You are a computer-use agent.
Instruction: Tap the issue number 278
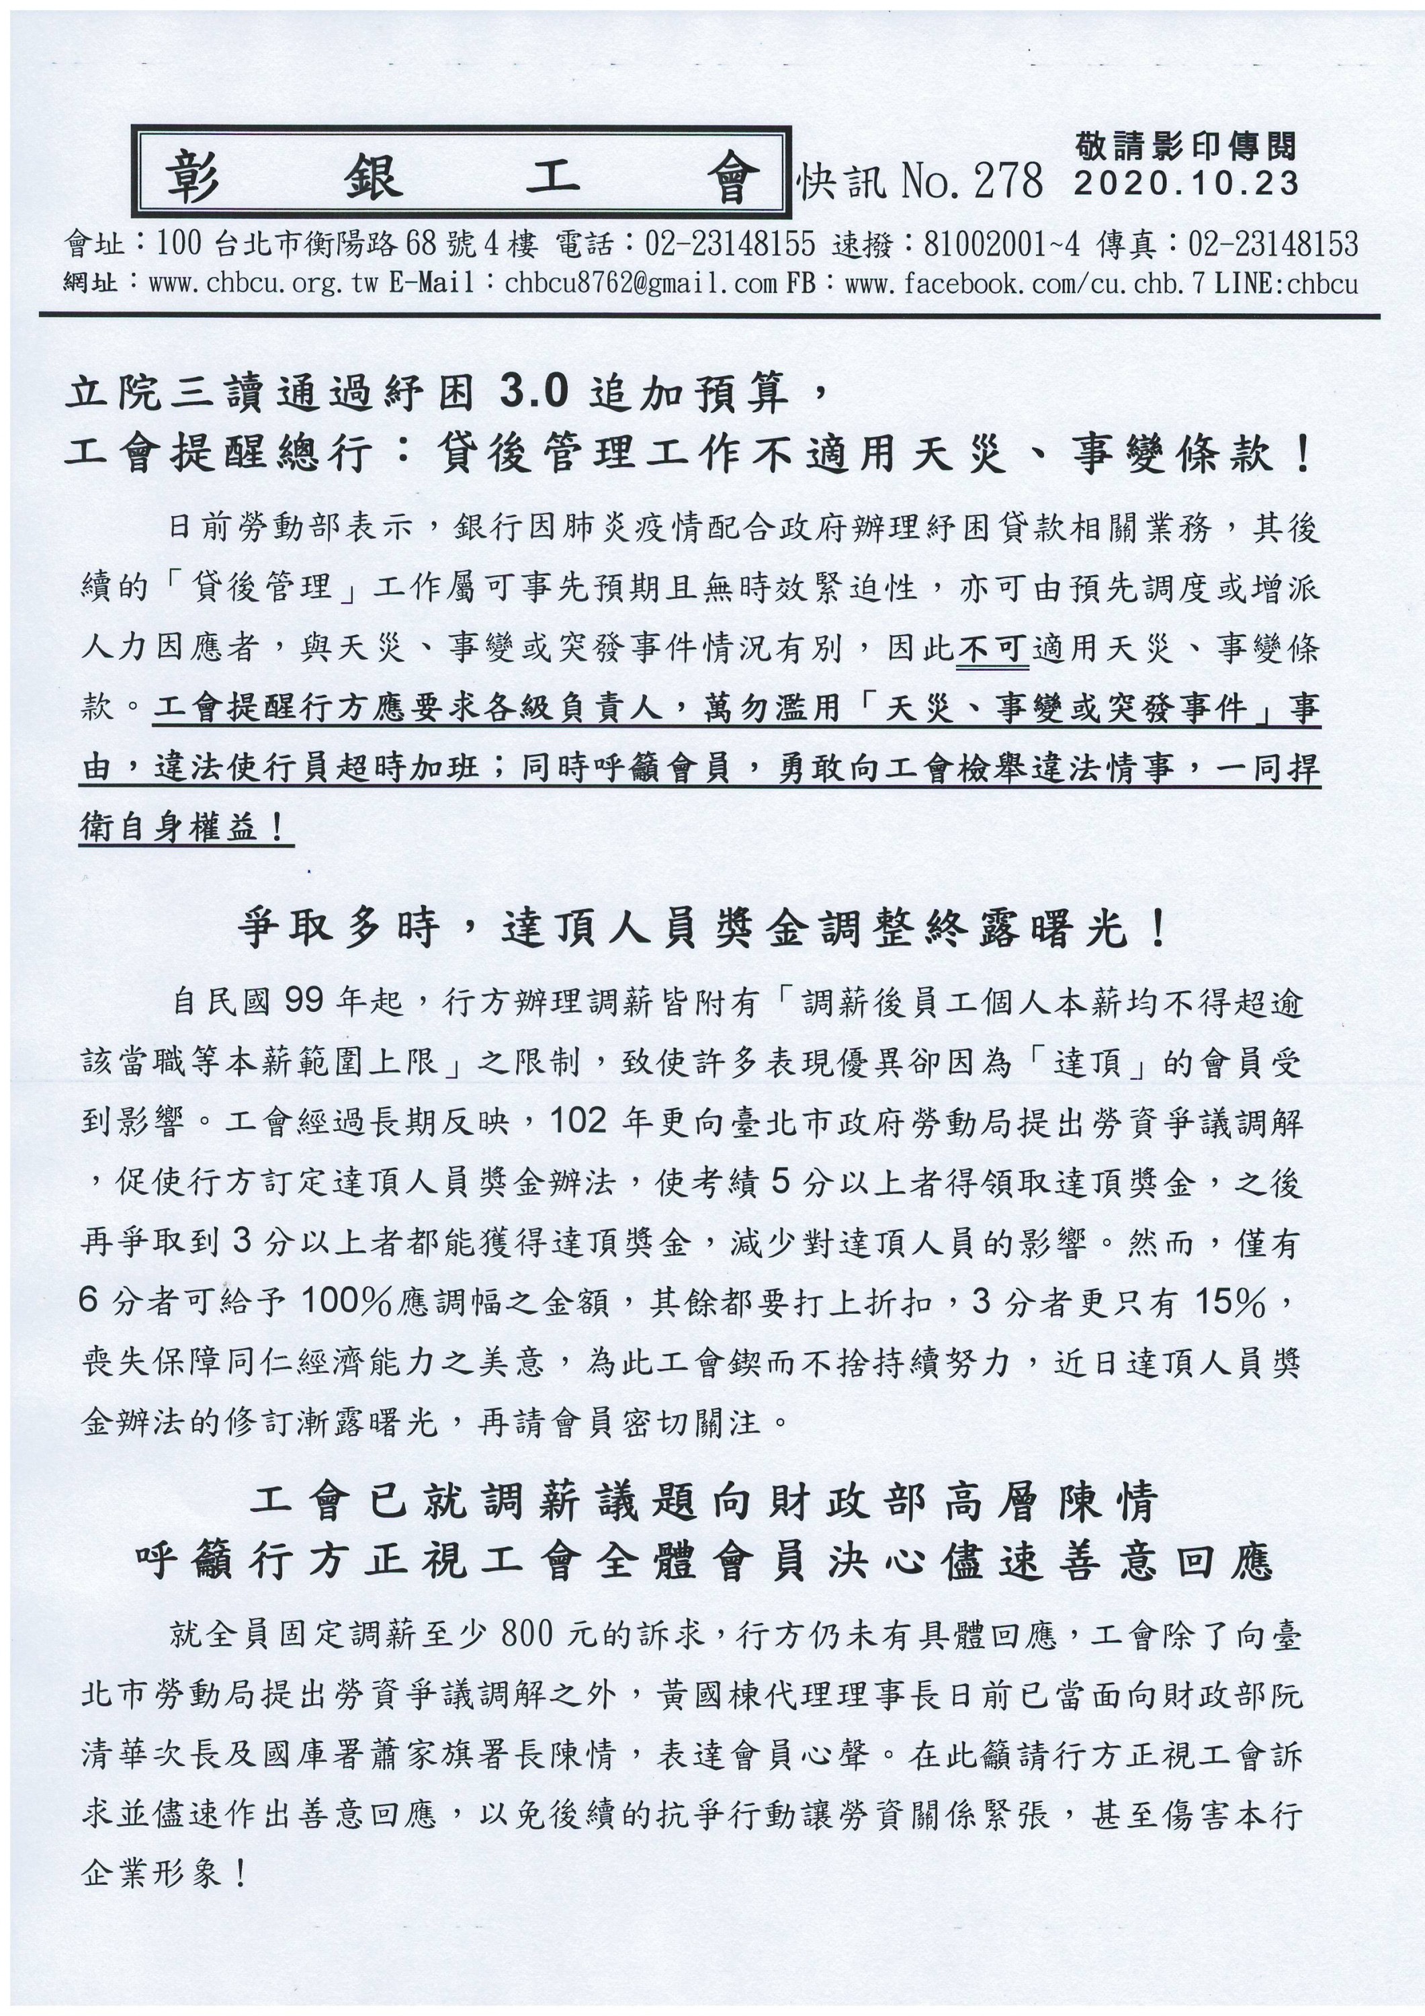point(1007,181)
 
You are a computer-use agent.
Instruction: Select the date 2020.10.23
point(1185,183)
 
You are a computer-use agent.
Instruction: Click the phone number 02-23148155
point(730,244)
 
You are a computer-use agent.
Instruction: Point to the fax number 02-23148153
point(1273,244)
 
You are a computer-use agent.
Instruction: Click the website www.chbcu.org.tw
point(263,284)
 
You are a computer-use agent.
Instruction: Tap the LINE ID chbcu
point(1331,284)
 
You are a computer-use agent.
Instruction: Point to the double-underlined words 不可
point(992,648)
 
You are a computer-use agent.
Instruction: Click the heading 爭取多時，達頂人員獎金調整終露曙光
point(702,928)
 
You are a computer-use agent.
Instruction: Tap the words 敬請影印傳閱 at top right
point(1185,146)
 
